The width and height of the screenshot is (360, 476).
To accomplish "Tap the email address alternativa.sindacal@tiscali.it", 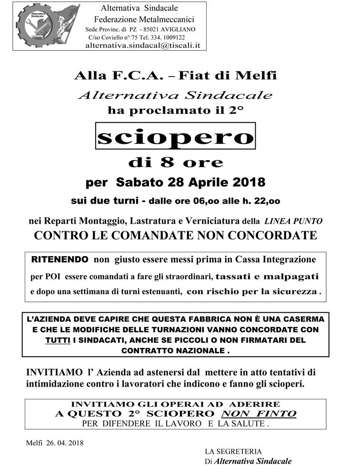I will coord(142,46).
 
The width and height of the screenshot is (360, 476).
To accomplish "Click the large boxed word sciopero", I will coord(175,136).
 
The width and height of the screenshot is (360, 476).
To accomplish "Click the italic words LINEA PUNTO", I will coord(293,221).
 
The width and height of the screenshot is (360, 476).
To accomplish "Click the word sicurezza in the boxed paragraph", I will coord(297,292).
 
